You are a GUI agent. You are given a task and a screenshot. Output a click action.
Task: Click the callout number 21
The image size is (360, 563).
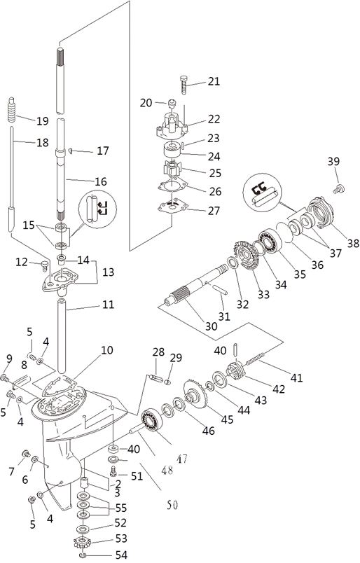click(214, 81)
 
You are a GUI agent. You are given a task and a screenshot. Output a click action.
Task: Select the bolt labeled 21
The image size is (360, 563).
click(184, 84)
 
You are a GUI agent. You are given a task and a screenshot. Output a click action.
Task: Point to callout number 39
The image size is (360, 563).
click(333, 161)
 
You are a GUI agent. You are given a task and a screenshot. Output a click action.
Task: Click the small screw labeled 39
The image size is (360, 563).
click(338, 188)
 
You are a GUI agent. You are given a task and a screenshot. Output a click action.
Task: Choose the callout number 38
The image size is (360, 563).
click(353, 243)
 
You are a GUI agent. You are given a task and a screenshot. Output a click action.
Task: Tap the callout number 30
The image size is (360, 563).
click(212, 326)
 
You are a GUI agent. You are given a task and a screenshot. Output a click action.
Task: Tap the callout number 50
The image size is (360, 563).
click(172, 505)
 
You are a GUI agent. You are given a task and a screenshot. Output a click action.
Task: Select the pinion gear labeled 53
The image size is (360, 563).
click(81, 542)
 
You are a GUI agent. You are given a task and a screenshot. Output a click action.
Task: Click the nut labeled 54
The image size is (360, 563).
click(83, 556)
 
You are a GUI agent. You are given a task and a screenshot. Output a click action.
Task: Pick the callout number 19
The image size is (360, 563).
click(43, 120)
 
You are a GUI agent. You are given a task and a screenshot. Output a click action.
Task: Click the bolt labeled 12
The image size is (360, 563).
click(45, 266)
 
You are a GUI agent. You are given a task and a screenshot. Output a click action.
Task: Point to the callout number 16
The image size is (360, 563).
click(101, 181)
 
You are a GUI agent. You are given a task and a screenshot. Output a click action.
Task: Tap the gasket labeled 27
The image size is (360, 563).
click(173, 207)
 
